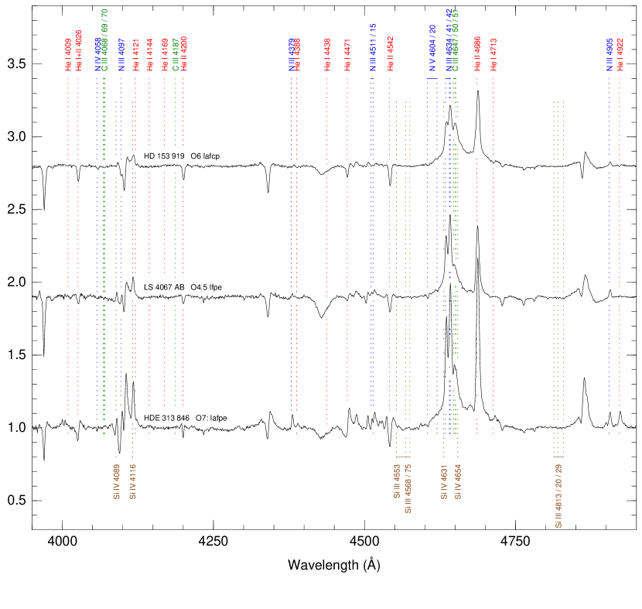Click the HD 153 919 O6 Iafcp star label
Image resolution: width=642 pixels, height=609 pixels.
[183, 156]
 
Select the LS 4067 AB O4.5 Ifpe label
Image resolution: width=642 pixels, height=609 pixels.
[183, 288]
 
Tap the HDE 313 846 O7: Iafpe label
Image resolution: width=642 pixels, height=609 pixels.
[186, 419]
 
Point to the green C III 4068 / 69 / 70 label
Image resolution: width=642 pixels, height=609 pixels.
[104, 40]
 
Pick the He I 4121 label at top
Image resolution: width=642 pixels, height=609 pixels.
[135, 55]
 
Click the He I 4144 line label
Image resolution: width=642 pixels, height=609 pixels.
[149, 55]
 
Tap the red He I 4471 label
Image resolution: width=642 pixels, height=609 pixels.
[347, 55]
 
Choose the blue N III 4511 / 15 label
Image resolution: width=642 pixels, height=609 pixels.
[372, 48]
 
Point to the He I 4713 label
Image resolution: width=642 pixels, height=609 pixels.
[493, 54]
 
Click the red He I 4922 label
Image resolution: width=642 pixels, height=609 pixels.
[620, 55]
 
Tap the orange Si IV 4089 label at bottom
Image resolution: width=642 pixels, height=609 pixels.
[116, 481]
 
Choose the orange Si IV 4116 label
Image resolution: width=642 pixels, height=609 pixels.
[133, 481]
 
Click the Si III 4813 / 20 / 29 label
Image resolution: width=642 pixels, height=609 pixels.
[558, 495]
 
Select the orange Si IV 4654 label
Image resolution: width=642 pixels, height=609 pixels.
[458, 481]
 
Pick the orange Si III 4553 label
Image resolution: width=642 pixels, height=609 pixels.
[397, 481]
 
